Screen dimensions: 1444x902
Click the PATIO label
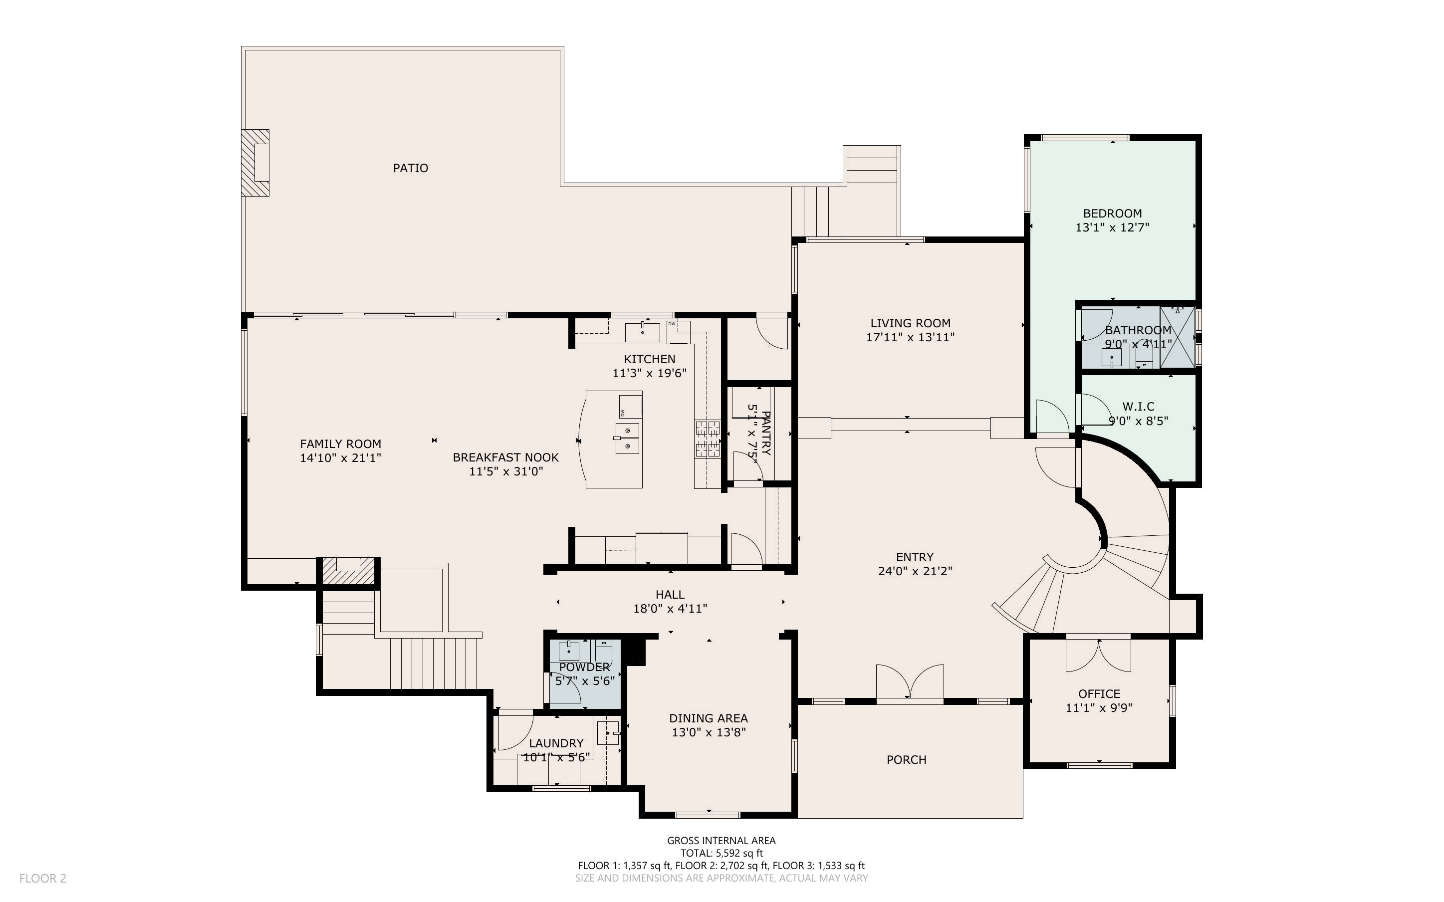coord(410,168)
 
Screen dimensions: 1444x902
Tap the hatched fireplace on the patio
coord(255,163)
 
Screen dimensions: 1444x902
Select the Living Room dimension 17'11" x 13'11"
coord(910,337)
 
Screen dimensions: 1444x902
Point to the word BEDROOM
coord(1112,213)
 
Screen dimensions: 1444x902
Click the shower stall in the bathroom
coord(1178,337)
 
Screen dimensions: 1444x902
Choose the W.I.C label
coord(1138,406)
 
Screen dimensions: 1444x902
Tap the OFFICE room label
coord(1099,694)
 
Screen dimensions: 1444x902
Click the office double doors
coord(1099,655)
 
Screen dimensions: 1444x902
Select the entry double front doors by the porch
coord(910,681)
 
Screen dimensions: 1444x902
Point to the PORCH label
coord(907,760)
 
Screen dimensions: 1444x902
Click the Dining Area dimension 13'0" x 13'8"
coord(709,732)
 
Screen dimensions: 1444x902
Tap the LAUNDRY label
coord(556,743)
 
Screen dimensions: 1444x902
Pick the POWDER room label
coord(584,667)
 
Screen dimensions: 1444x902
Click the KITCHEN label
coord(650,359)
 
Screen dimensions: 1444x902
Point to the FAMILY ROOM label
coord(341,444)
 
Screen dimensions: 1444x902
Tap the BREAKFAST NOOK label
coord(506,457)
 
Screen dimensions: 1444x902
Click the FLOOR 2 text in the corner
coord(43,878)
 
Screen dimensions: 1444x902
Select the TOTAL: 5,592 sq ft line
coord(722,853)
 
